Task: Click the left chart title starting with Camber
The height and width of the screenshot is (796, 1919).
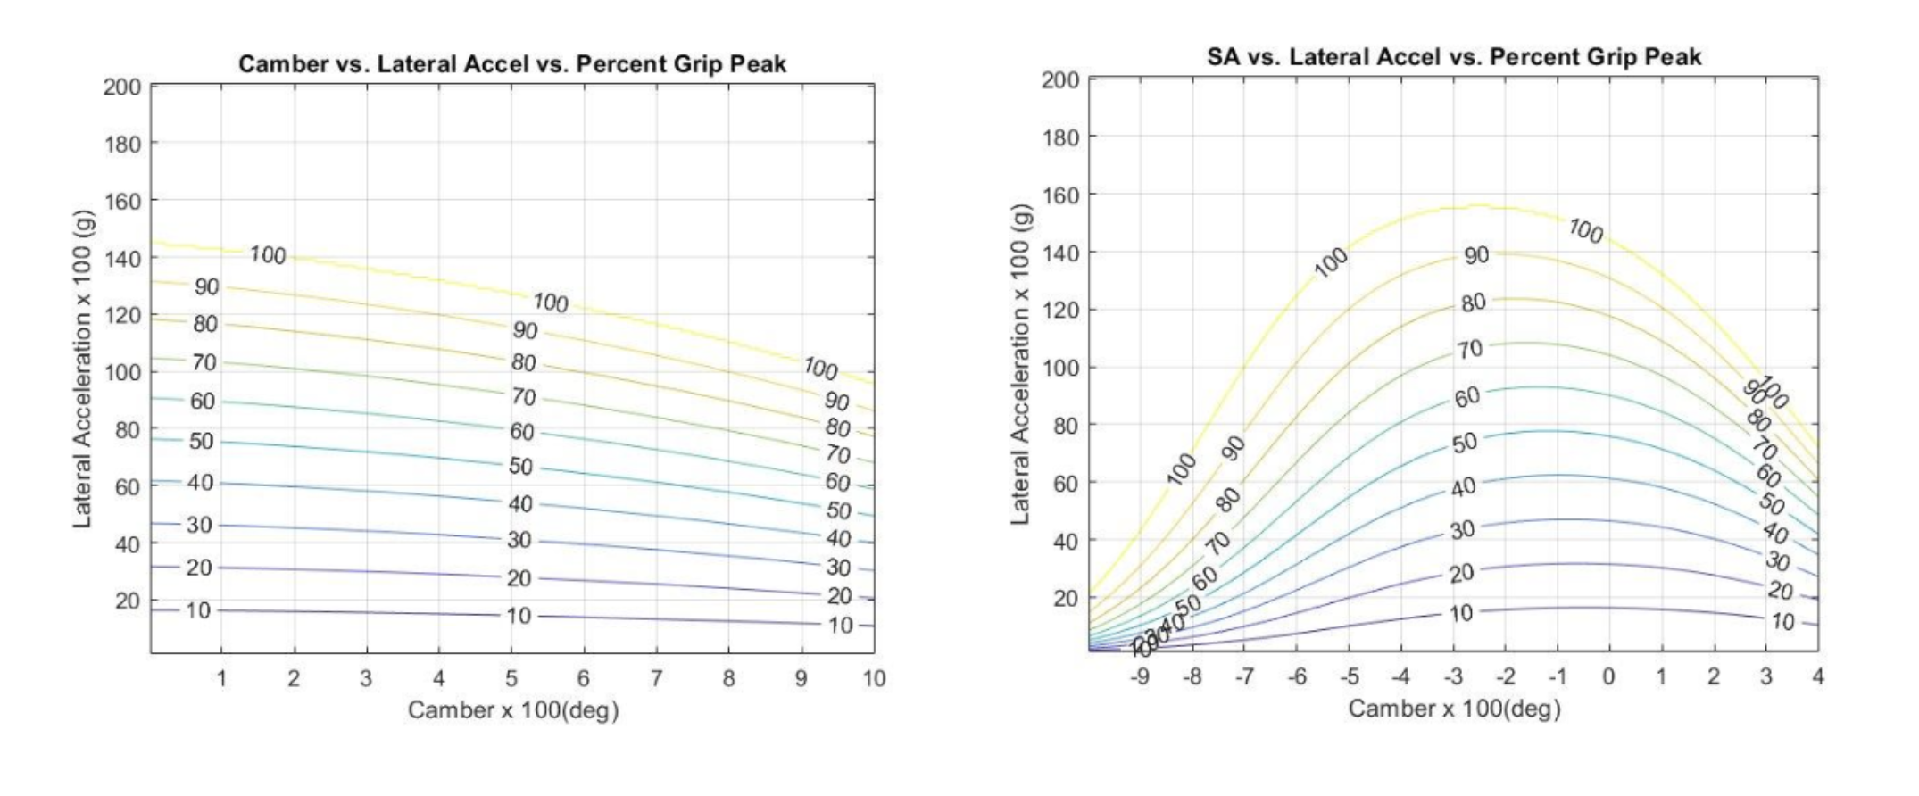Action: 511,64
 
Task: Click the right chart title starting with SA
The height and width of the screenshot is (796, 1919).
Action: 1453,57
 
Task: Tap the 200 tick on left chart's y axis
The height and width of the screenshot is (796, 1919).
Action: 122,87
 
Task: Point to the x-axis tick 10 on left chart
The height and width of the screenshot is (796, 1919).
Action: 874,679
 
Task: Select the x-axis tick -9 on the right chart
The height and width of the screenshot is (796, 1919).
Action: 1140,677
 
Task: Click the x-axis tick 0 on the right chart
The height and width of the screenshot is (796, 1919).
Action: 1608,677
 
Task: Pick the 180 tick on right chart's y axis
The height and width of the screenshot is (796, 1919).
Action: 1060,137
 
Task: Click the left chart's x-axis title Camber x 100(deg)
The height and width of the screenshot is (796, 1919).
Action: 513,710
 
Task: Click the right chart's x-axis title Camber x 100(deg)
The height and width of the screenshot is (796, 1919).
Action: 1454,709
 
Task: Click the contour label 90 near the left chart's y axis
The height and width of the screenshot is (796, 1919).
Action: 206,287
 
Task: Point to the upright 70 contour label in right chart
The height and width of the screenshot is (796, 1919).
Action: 1469,350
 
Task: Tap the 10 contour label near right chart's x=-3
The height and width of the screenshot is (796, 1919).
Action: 1461,613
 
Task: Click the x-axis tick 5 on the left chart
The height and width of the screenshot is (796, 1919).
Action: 511,679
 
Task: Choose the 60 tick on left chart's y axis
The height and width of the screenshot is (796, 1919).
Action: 128,487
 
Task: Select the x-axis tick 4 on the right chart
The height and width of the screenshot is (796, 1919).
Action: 1818,677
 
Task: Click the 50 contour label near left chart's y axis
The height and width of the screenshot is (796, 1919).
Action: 201,442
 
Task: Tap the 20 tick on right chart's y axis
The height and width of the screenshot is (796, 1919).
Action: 1066,598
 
